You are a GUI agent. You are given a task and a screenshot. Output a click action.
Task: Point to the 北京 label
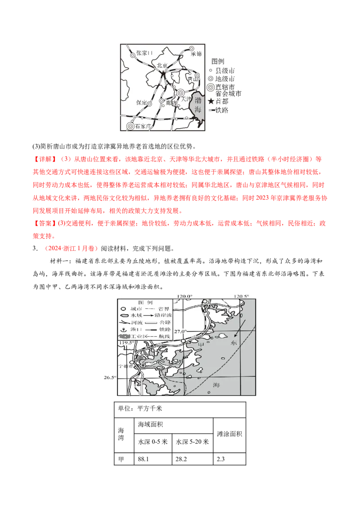[x=162, y=66]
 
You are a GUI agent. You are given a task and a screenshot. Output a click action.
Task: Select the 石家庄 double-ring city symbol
[x=130, y=127]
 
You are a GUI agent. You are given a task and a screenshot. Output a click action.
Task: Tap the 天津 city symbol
[x=180, y=93]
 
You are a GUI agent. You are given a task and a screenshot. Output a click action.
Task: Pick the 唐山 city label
[x=193, y=79]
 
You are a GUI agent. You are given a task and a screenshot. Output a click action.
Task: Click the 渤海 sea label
[x=198, y=107]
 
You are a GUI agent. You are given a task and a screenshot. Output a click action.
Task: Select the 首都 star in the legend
[x=211, y=102]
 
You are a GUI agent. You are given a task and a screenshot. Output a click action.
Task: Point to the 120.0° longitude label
[x=184, y=296]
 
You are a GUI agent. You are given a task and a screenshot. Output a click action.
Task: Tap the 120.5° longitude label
[x=241, y=296]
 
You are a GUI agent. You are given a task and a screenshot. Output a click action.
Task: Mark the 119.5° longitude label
[x=127, y=343]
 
